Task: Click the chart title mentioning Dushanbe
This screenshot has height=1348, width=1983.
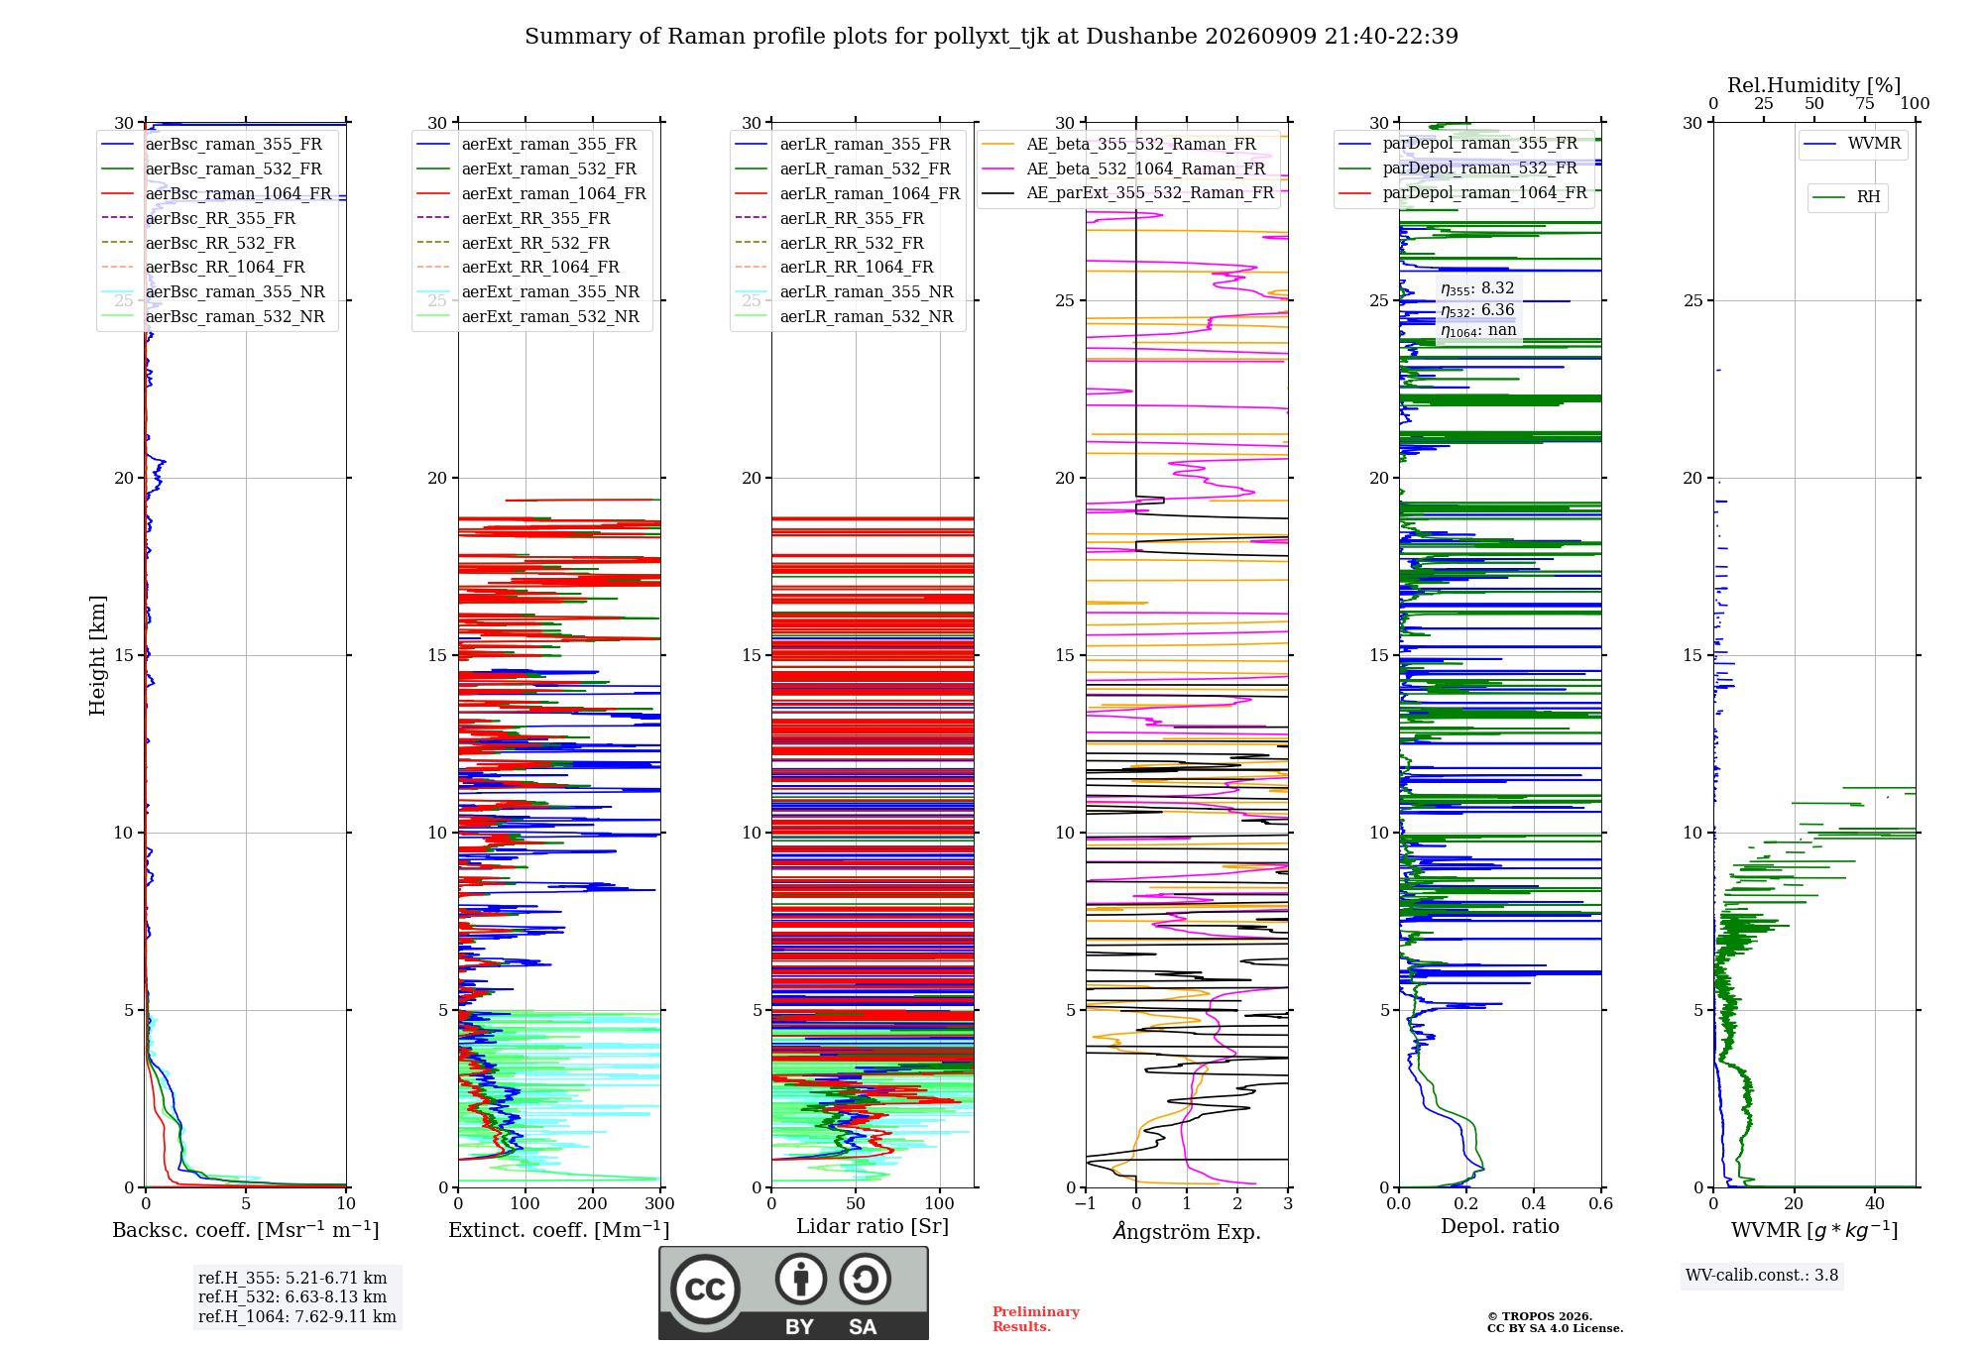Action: coord(991,37)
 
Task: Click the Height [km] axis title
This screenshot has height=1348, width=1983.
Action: coord(97,655)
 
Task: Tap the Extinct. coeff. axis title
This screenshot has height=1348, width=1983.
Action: coord(559,1230)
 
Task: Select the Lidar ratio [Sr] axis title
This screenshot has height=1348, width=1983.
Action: coord(873,1226)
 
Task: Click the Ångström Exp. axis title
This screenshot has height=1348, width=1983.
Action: coord(1187,1231)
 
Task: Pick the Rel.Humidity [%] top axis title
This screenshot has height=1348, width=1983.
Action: coord(1814,85)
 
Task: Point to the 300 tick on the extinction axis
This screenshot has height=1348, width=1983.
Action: coord(660,1203)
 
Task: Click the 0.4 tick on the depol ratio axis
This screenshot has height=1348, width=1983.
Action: coord(1534,1203)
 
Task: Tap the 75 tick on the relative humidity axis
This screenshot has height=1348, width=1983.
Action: coord(1865,103)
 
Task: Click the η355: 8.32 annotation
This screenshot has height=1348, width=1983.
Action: coord(1477,288)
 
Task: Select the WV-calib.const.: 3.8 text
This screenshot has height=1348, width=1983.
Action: coord(1762,1276)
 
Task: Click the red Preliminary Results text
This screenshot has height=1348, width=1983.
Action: coord(1036,1319)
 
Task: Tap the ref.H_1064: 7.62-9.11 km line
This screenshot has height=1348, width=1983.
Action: coord(297,1317)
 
